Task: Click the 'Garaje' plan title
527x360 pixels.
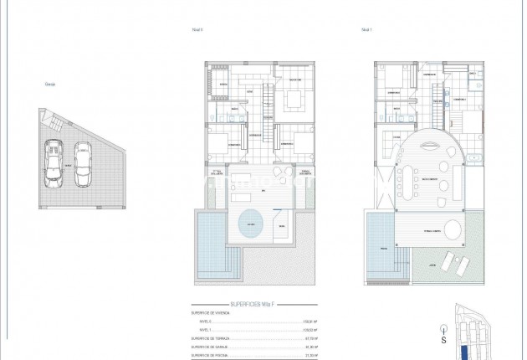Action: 52,82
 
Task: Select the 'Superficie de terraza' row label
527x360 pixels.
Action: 212,338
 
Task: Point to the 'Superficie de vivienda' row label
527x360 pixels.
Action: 212,313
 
